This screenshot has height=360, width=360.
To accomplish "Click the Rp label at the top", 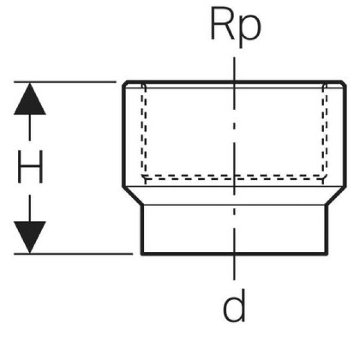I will tap(235, 25).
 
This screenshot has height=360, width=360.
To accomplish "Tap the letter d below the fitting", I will tap(234, 306).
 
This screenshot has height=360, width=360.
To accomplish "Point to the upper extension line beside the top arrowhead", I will tap(67, 82).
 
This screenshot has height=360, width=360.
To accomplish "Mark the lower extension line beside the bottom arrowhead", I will tap(79, 254).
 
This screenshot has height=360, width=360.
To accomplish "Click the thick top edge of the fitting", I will tap(186, 82).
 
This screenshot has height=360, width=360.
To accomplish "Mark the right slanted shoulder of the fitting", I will tap(335, 195).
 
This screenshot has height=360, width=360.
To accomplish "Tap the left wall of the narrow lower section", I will tap(141, 228).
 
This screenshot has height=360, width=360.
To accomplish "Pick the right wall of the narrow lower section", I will tap(327, 228).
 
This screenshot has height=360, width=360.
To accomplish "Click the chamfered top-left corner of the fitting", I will tap(125, 84).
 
